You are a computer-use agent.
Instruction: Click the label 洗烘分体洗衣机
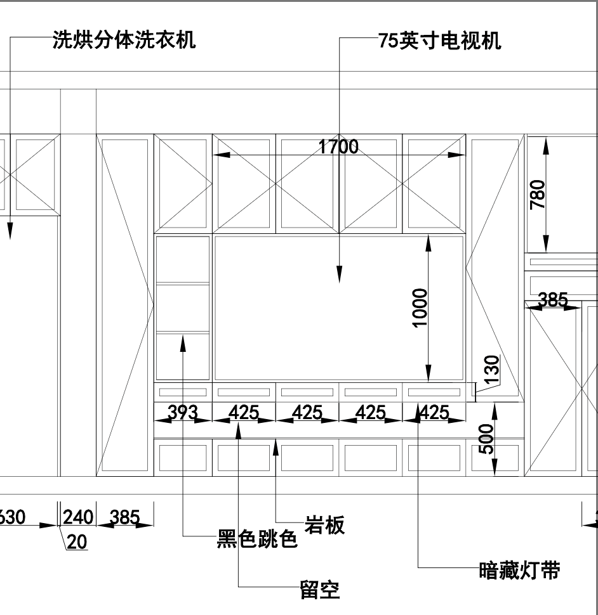click(x=124, y=39)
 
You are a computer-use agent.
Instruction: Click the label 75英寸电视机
click(x=439, y=41)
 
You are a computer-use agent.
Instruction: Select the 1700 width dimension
click(x=338, y=147)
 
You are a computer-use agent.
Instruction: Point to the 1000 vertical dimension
click(x=420, y=308)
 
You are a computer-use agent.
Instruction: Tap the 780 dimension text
click(x=537, y=195)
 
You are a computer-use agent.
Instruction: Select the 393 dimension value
click(x=182, y=413)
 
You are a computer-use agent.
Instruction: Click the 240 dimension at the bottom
click(x=78, y=517)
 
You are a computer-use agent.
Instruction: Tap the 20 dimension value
click(x=77, y=542)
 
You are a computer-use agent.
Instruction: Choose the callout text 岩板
click(x=325, y=525)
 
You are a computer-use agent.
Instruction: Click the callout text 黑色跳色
click(x=257, y=540)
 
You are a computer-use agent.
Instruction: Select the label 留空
click(x=319, y=590)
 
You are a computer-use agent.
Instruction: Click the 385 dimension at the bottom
click(x=124, y=517)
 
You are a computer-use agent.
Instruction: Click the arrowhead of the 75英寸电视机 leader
click(x=339, y=276)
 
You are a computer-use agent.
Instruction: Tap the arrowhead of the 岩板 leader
click(x=276, y=444)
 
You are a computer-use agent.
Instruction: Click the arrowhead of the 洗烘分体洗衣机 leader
click(x=10, y=233)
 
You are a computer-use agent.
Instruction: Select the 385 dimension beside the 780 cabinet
click(x=552, y=300)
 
